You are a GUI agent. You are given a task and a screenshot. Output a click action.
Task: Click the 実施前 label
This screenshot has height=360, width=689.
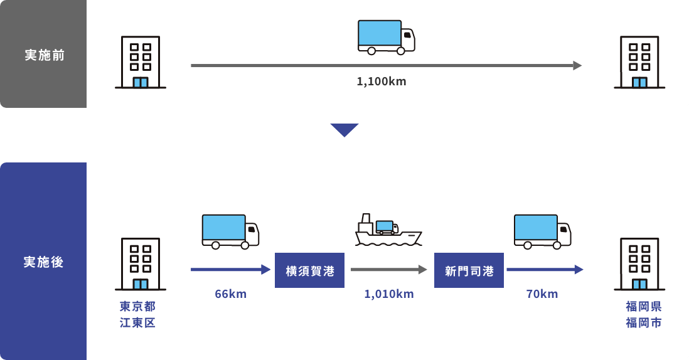44,55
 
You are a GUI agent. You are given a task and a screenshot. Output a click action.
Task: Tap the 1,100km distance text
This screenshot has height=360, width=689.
381,82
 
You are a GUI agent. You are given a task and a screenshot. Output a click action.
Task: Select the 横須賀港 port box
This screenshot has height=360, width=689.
309,270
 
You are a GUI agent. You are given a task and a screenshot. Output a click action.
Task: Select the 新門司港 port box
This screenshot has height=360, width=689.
469,270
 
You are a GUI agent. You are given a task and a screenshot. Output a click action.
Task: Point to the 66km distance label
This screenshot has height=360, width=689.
230,294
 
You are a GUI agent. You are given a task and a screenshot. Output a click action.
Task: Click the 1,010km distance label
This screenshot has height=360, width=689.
389,294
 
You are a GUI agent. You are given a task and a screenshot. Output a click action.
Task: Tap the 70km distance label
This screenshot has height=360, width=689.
542,294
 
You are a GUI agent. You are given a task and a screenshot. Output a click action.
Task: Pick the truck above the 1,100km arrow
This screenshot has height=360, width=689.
387,36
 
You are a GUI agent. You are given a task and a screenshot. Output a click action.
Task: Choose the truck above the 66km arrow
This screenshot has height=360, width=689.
230,231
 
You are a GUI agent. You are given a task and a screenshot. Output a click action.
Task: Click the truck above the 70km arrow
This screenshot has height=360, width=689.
542,231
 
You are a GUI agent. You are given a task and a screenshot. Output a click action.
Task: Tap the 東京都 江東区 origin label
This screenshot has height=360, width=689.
137,315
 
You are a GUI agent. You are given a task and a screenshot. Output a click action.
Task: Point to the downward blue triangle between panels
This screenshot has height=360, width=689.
344,130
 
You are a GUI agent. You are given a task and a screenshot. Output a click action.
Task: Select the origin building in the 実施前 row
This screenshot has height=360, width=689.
140,62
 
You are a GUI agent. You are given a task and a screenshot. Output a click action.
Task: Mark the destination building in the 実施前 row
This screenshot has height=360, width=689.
639,62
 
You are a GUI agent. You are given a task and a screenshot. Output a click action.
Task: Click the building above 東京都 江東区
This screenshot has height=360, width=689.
140,264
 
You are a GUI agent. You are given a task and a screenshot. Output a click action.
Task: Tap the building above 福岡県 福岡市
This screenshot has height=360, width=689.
639,264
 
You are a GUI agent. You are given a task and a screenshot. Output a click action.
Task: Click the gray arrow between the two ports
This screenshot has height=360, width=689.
389,270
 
